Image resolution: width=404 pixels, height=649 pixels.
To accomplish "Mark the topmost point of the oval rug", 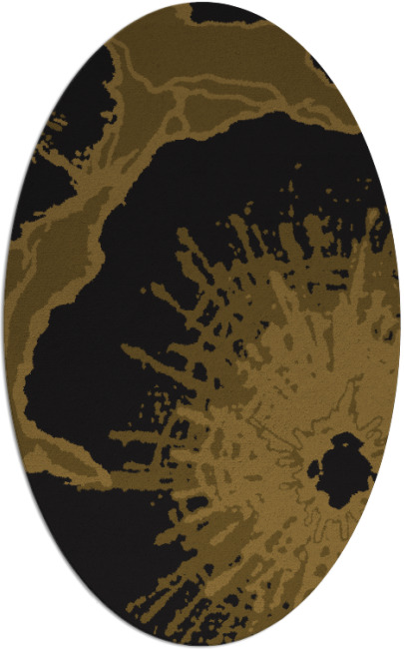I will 202,2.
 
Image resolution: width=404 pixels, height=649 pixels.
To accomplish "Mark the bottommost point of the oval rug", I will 202,647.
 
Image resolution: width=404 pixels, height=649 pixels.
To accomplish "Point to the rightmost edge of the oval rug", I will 401,324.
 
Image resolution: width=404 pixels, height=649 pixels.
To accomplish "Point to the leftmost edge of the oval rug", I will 3,324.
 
